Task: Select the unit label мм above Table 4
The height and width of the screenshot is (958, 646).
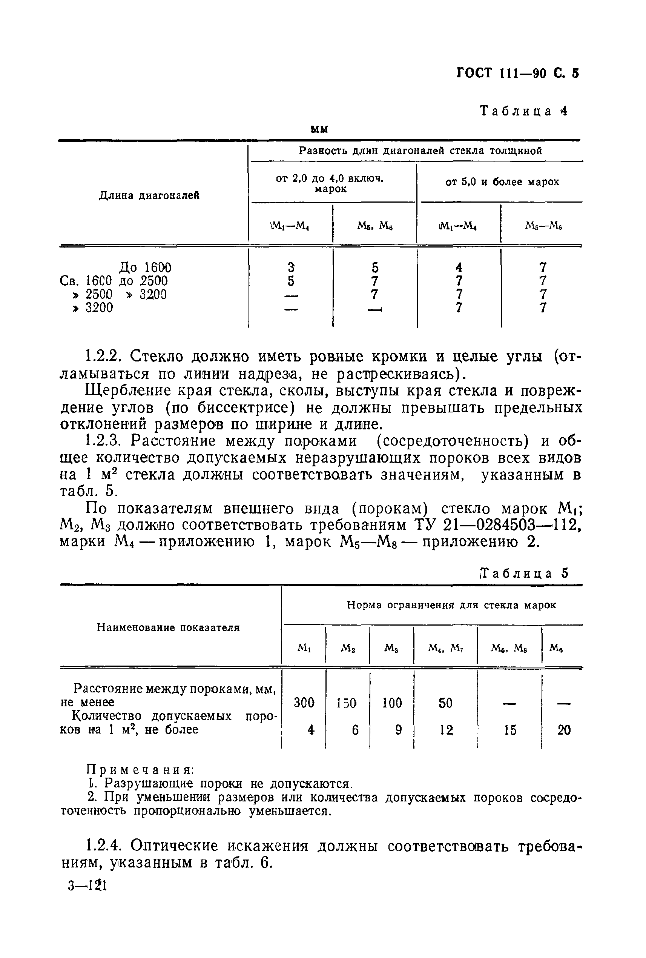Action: (x=319, y=129)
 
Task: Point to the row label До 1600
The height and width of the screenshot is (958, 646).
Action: (x=145, y=268)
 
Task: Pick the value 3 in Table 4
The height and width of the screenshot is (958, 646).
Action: (x=291, y=268)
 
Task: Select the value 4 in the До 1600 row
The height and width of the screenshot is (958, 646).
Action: (x=459, y=268)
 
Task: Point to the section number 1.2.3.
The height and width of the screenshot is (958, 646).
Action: (x=104, y=441)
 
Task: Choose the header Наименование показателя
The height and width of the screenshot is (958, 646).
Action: (x=168, y=627)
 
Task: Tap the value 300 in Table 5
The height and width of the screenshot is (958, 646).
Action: (x=304, y=703)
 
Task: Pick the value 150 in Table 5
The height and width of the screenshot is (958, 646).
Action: (x=347, y=703)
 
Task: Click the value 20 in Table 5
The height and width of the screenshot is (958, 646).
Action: (x=564, y=730)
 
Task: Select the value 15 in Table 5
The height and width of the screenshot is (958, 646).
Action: (x=509, y=730)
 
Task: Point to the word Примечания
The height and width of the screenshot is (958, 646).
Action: (x=140, y=770)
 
